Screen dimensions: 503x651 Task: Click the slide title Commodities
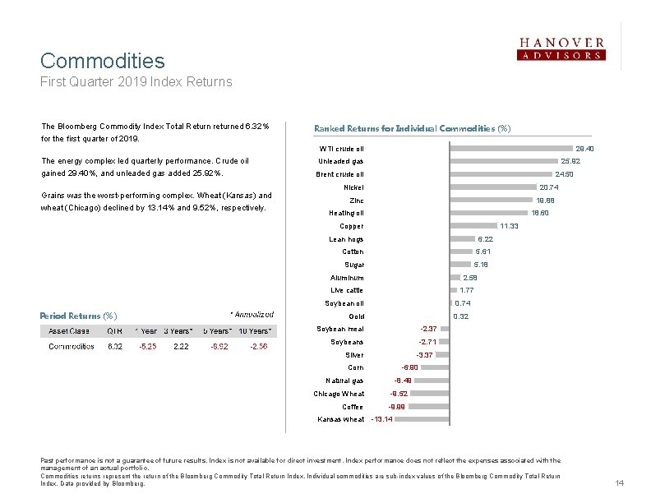(103, 61)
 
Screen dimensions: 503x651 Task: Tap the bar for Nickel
(493, 187)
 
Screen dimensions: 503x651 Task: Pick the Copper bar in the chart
(473, 226)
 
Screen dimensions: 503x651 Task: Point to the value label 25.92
(570, 161)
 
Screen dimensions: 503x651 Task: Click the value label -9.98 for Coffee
(397, 407)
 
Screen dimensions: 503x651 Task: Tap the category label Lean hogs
(346, 239)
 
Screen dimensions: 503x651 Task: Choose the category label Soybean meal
(339, 329)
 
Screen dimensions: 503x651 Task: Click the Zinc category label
(356, 201)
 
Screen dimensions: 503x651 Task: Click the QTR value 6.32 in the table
(115, 347)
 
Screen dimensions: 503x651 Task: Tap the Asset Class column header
(69, 330)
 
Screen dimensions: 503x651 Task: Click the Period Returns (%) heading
(78, 316)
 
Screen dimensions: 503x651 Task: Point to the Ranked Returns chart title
(412, 128)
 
